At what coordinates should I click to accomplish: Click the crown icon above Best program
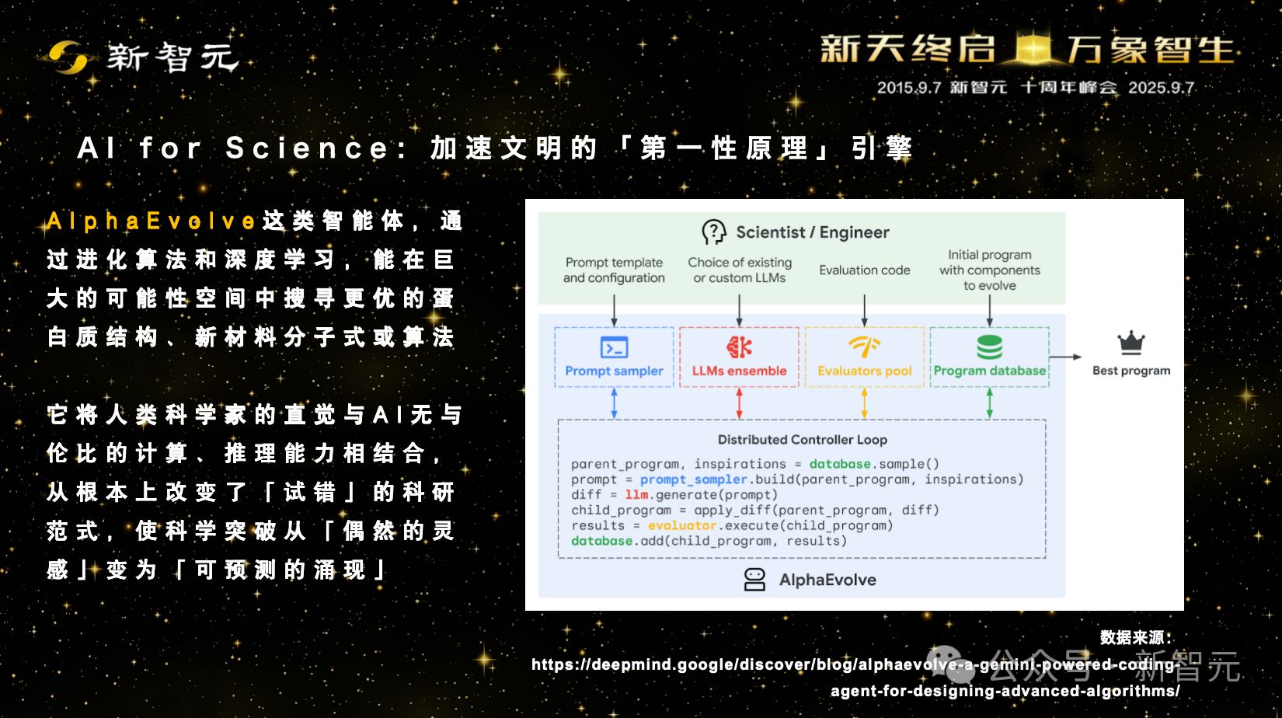coord(1131,343)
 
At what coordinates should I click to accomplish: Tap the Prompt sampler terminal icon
coord(614,347)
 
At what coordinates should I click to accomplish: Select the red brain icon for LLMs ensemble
coord(739,347)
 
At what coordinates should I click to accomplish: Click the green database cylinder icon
coord(990,347)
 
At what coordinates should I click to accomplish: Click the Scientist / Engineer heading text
coord(813,232)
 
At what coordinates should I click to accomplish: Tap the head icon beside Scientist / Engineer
coord(714,232)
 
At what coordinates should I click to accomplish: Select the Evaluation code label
coord(864,270)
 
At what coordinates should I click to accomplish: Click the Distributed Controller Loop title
coord(803,440)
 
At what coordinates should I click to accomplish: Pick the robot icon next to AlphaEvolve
coord(754,580)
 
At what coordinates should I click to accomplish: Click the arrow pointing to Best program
coord(1065,357)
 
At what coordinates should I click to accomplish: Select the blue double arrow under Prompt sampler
coord(614,403)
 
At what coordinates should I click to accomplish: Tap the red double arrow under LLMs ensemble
coord(739,403)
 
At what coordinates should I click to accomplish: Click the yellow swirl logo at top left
coord(68,58)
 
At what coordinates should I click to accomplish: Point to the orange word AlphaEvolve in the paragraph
coord(151,221)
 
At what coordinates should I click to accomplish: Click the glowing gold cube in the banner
coord(1033,48)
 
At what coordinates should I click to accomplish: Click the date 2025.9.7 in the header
coord(1161,88)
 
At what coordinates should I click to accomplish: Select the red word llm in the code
coord(636,495)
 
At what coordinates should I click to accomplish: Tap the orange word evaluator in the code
coord(681,525)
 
